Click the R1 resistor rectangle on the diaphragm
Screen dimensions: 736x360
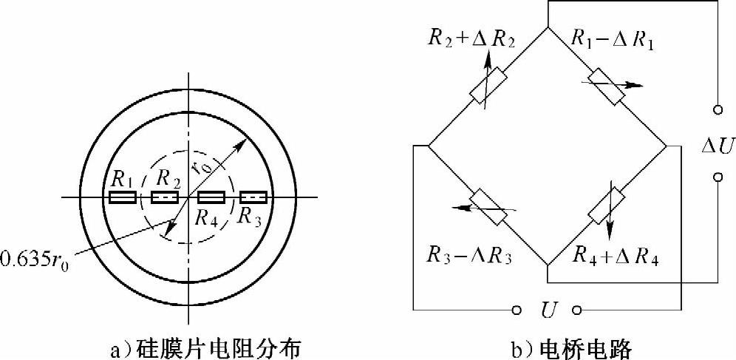coord(123,197)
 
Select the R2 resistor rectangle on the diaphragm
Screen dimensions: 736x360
coord(165,197)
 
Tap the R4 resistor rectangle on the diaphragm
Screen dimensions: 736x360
coord(211,197)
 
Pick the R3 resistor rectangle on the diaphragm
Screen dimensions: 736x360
coord(253,197)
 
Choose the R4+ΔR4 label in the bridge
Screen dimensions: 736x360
coord(616,258)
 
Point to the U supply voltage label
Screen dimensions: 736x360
coord(548,310)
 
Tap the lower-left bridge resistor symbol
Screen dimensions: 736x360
coord(488,206)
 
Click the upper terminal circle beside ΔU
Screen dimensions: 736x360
coord(717,110)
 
